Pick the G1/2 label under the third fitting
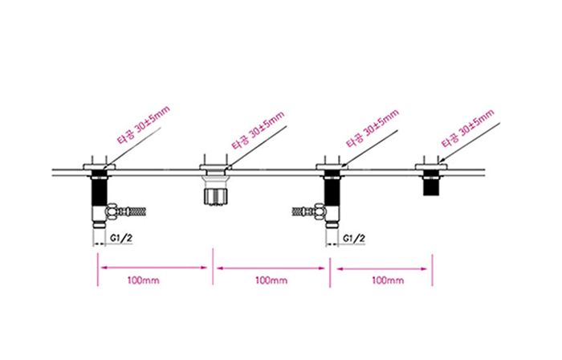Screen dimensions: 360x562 354,239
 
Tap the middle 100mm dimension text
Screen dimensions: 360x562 271,280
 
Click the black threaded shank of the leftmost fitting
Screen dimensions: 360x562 99,190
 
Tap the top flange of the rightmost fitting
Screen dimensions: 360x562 432,166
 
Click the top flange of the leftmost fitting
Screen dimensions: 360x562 99,166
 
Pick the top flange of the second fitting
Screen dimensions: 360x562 214,167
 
